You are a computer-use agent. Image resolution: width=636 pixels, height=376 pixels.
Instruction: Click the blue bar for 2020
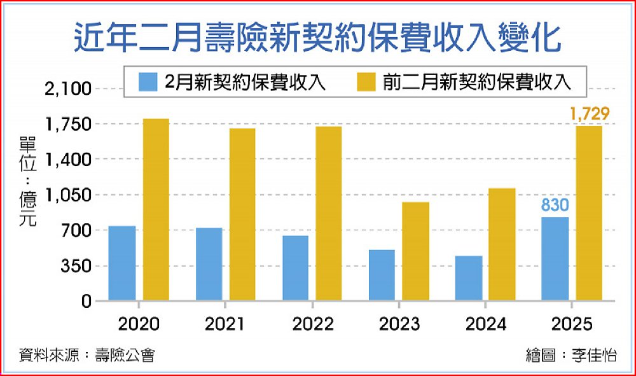pos(122,263)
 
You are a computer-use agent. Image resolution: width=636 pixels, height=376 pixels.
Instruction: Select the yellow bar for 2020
pos(156,209)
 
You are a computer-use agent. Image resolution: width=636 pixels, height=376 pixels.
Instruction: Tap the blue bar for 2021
pos(209,263)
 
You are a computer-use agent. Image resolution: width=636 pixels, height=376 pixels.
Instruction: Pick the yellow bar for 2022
pos(329,213)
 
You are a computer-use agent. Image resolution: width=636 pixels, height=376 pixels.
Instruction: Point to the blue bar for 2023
pos(382,275)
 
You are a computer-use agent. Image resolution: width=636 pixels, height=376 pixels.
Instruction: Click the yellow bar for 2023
pos(416,251)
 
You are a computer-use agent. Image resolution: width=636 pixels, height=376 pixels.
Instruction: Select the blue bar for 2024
pos(469,278)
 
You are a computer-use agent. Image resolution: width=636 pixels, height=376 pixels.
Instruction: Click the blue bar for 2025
pos(555,258)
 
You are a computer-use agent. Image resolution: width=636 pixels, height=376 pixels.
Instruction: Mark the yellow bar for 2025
pos(589,212)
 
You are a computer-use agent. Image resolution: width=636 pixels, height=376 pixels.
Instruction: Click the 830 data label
pos(555,205)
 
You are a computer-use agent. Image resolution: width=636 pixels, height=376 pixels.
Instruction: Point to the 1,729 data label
pos(590,114)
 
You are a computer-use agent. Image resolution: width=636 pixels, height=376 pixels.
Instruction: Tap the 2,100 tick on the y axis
pos(69,88)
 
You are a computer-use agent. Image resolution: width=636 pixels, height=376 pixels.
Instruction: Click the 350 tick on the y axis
pos(76,266)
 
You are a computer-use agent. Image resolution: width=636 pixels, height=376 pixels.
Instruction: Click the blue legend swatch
pos(148,81)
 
